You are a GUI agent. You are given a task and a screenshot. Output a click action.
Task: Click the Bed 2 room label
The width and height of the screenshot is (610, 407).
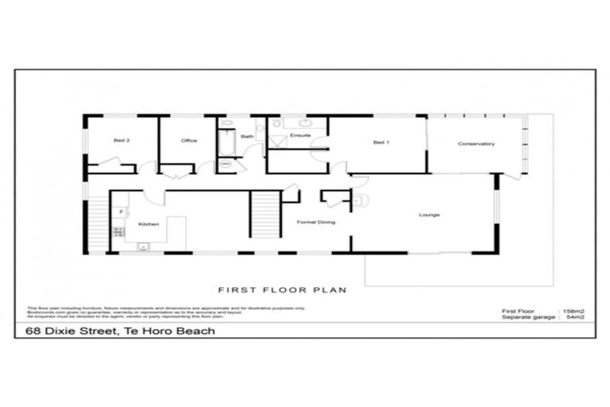pyautogui.click(x=122, y=141)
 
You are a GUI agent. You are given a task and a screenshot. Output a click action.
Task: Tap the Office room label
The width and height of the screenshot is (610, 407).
pyautogui.click(x=189, y=141)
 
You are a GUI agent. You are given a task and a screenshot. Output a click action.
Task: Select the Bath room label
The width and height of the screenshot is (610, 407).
pyautogui.click(x=248, y=137)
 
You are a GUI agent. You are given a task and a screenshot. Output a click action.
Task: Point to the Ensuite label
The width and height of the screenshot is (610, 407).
pyautogui.click(x=299, y=136)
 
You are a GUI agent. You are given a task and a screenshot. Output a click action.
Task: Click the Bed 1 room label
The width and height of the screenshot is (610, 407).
pyautogui.click(x=381, y=143)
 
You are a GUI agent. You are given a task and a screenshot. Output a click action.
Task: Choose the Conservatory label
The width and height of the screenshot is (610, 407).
pyautogui.click(x=477, y=144)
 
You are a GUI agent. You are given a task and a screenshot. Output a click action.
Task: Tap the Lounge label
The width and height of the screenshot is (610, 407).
pyautogui.click(x=429, y=215)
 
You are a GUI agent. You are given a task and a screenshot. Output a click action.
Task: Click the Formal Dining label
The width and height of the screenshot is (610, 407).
pyautogui.click(x=315, y=223)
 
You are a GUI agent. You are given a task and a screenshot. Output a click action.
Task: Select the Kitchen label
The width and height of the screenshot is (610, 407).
pyautogui.click(x=149, y=224)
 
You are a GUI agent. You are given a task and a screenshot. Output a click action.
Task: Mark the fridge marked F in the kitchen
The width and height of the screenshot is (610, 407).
pyautogui.click(x=122, y=212)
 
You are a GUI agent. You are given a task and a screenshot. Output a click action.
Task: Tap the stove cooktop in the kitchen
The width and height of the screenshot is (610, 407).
pyautogui.click(x=120, y=231)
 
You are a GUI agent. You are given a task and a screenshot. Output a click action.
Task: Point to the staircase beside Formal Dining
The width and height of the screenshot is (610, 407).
pyautogui.click(x=265, y=214)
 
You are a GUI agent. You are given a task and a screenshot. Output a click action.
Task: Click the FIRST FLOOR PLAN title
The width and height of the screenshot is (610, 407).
pyautogui.click(x=283, y=291)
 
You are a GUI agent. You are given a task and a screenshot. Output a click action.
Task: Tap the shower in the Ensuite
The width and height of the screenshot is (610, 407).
pyautogui.click(x=277, y=139)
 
